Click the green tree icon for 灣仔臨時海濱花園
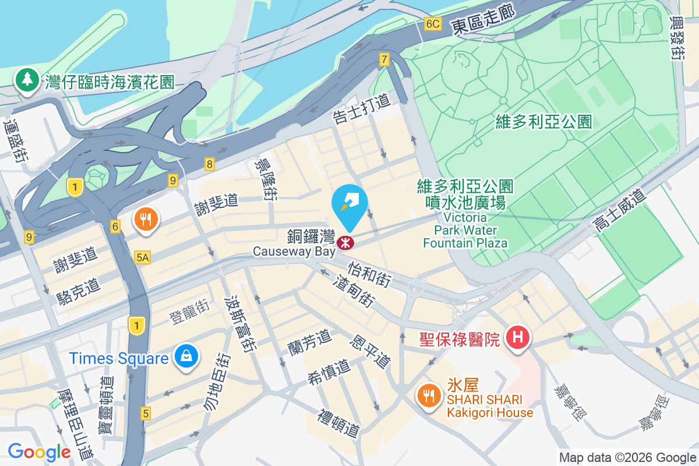coord(27,80)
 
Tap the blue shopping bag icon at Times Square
coord(186,356)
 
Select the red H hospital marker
coord(517,337)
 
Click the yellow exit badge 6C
coord(433,24)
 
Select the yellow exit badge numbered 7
coord(384,59)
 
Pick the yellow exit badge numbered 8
coord(209,164)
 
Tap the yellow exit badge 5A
coord(143,257)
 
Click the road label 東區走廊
coord(484,22)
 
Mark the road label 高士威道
coord(619,211)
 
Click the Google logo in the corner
coord(39,452)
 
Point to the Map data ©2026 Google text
coord(627,457)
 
